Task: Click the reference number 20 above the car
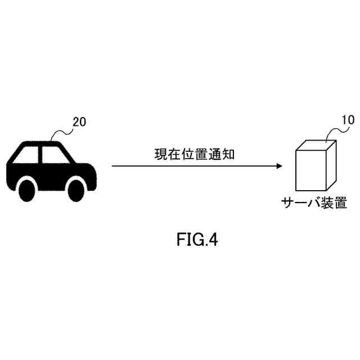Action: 79,122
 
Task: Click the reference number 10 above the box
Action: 349,120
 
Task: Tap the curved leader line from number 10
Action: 332,132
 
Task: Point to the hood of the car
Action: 84,163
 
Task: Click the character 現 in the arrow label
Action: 160,154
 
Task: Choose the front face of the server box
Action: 311,170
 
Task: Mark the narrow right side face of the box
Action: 331,165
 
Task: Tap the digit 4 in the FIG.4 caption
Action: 212,240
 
